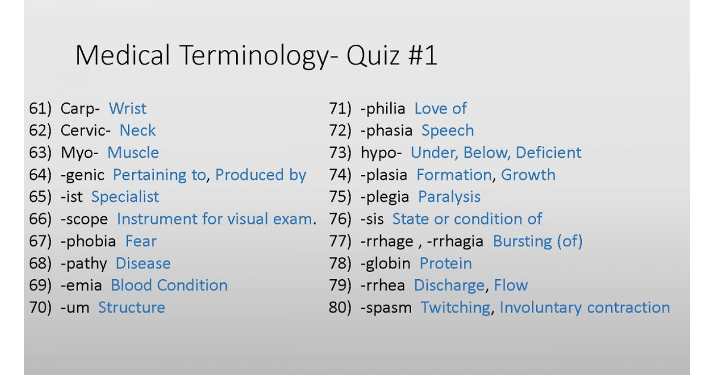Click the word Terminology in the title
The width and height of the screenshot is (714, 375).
(255, 56)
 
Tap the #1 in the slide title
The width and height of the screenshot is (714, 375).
(422, 55)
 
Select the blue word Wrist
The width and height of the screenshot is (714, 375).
(127, 108)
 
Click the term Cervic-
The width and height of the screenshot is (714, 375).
(86, 130)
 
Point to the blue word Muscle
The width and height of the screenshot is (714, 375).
(133, 152)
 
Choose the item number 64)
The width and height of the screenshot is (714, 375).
(40, 175)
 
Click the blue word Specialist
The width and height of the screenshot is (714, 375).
(125, 197)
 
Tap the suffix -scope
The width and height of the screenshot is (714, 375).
(84, 220)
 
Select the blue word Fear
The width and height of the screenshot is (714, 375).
(141, 241)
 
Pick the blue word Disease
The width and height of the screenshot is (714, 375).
(143, 263)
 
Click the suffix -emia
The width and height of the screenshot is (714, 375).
(82, 285)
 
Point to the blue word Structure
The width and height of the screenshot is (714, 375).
(131, 307)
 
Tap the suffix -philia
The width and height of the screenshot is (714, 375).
(383, 109)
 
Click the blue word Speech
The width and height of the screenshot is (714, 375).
(448, 131)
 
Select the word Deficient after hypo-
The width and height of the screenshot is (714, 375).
(549, 152)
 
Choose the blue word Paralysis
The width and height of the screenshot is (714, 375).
(449, 197)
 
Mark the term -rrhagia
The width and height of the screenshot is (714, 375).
(455, 242)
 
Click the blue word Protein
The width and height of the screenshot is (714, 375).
(446, 263)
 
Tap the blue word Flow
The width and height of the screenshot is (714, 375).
(511, 285)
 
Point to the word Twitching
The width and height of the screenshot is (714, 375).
(456, 308)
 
